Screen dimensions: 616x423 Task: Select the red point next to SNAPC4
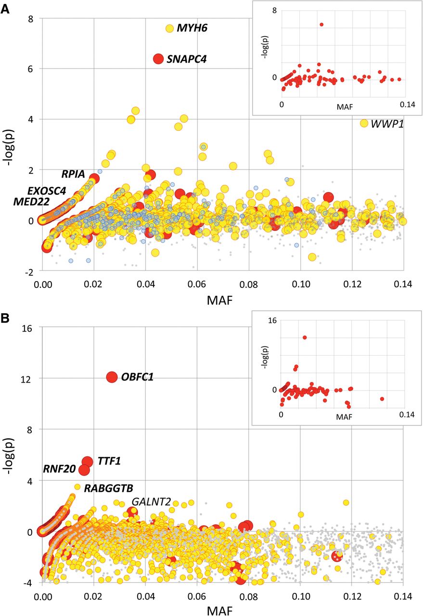click(158, 59)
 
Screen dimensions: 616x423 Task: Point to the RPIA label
click(73, 174)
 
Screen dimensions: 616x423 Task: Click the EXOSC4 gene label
click(47, 190)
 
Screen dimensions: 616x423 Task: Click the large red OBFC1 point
click(112, 377)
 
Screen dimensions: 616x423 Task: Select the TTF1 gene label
click(109, 462)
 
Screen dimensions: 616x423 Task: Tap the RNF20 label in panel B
click(60, 469)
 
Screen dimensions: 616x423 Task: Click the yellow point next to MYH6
click(169, 28)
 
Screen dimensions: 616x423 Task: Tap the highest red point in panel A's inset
click(321, 24)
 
